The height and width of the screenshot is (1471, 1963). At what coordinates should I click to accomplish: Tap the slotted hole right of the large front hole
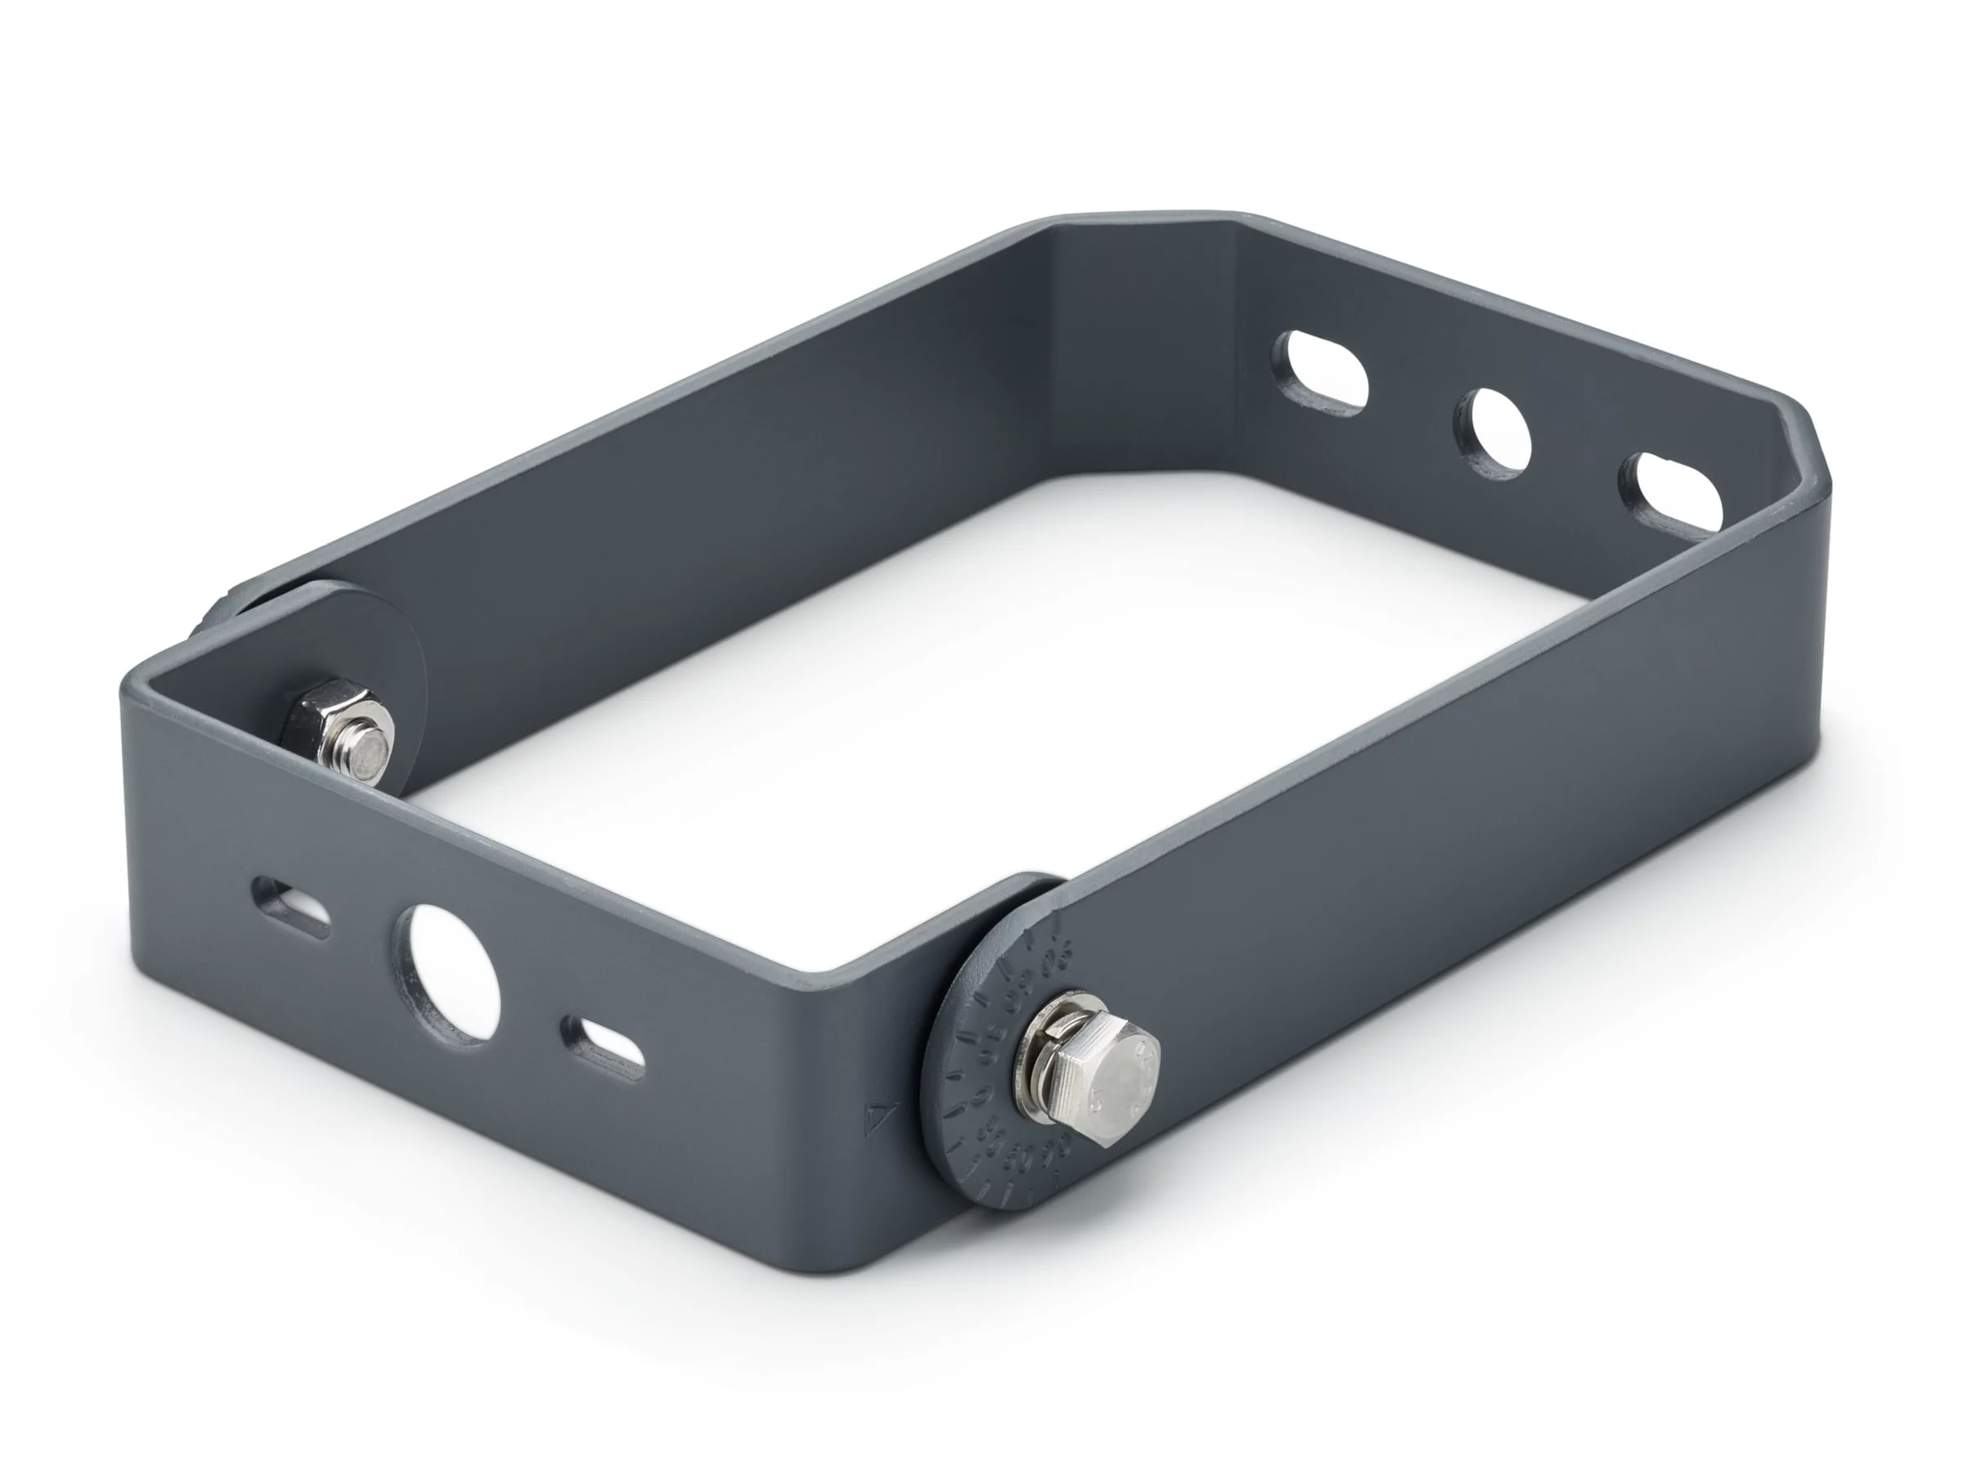(x=604, y=1047)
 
